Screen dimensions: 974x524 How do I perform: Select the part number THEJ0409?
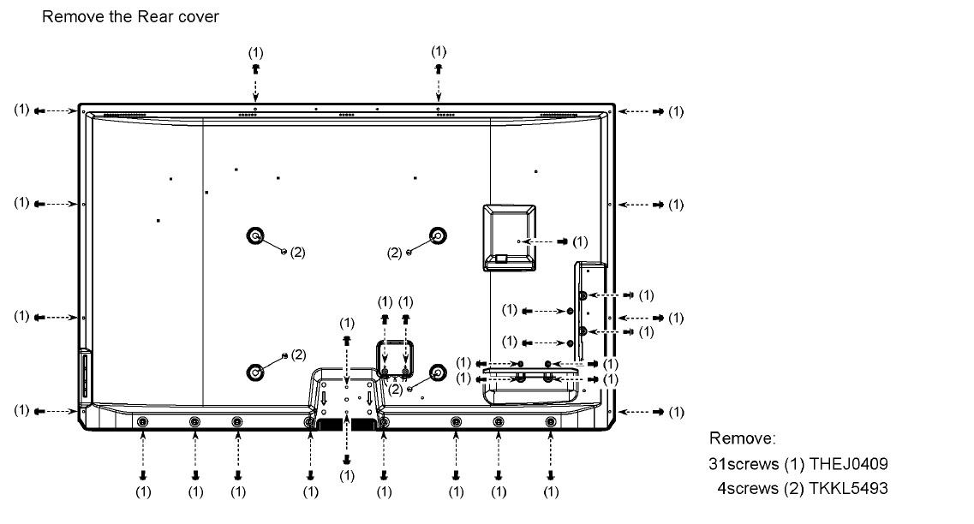(849, 464)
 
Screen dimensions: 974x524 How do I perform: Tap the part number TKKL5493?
(849, 488)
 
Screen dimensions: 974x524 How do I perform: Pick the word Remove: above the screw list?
(743, 438)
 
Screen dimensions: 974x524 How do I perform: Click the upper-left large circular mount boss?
(255, 236)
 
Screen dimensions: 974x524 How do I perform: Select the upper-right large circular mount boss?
(438, 236)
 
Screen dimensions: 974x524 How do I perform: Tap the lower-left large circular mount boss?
(255, 372)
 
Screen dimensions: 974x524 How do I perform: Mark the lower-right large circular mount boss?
(438, 372)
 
